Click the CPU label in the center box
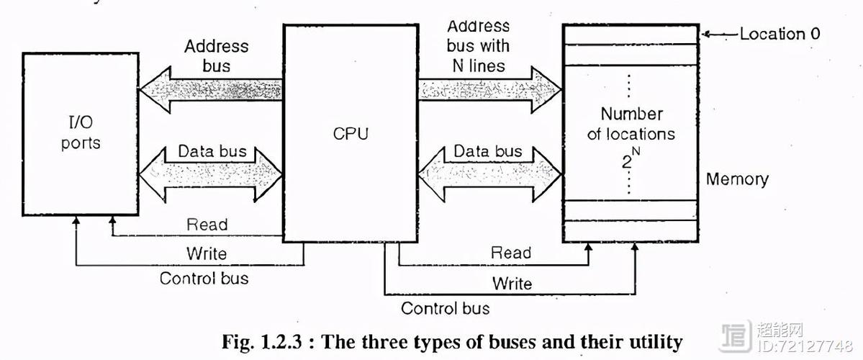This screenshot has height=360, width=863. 351,133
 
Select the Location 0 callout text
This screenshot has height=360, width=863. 780,34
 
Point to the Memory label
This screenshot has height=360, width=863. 737,179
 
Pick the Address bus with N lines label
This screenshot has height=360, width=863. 478,45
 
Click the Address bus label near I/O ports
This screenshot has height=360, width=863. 217,55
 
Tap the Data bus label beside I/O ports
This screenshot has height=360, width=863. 212,151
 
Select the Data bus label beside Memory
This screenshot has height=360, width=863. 487,151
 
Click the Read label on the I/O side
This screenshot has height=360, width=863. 207,225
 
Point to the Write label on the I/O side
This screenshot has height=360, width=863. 207,253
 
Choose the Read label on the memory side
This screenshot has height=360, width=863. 511,253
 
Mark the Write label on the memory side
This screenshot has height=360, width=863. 512,284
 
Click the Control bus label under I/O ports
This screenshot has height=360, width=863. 204,278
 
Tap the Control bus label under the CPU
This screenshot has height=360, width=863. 445,307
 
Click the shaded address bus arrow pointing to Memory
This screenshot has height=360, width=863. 489,89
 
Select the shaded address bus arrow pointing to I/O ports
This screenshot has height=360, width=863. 211,90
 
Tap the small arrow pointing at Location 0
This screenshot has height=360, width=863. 720,35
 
